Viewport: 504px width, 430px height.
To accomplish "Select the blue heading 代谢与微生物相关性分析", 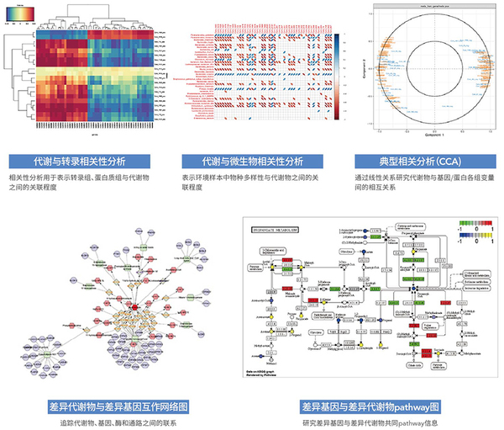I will point(252,161).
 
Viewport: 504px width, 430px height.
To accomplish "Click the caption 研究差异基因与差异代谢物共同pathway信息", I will point(369,422).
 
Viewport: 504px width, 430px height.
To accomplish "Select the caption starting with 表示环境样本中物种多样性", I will point(252,184).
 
